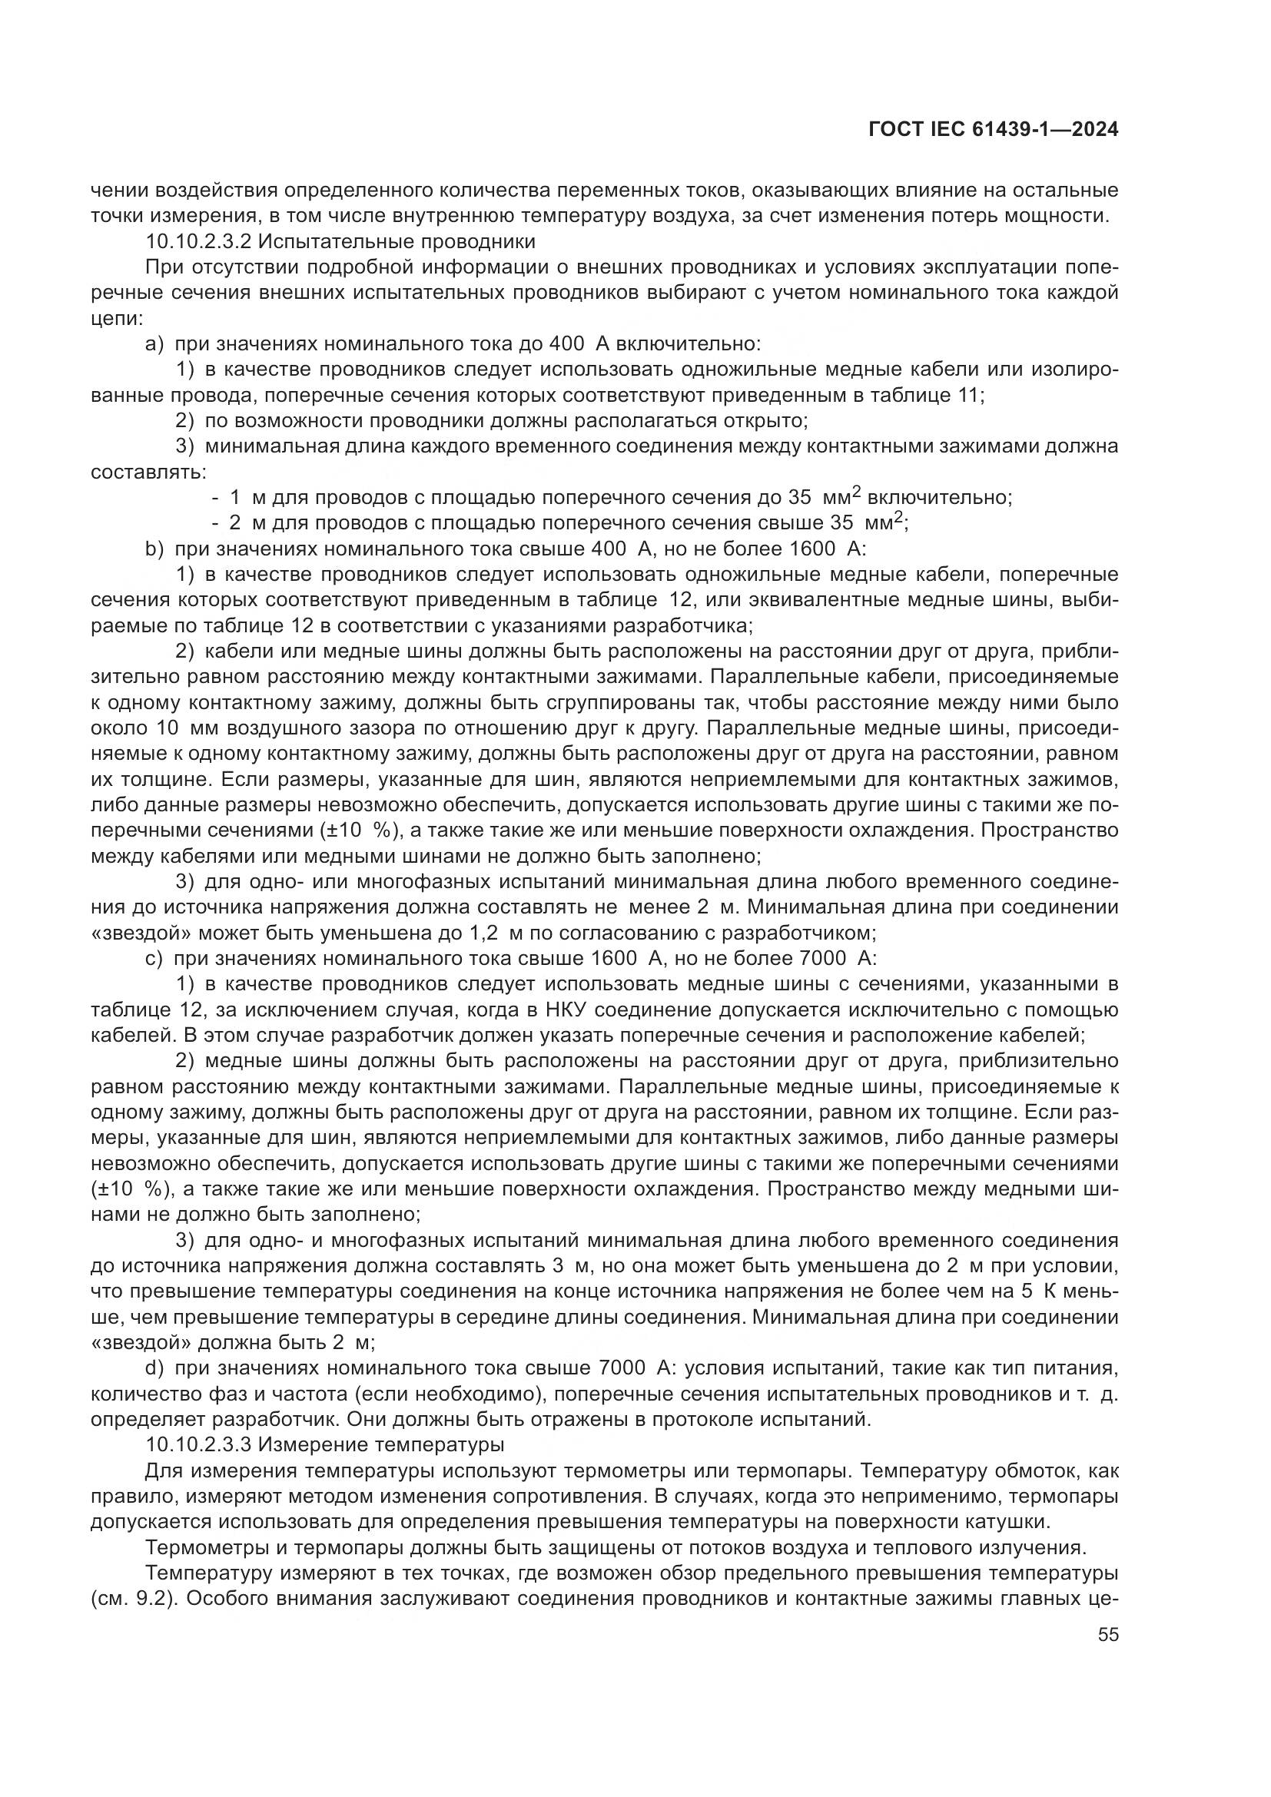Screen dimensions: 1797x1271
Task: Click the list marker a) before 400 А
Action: click(154, 343)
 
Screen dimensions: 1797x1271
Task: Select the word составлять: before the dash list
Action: click(149, 472)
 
